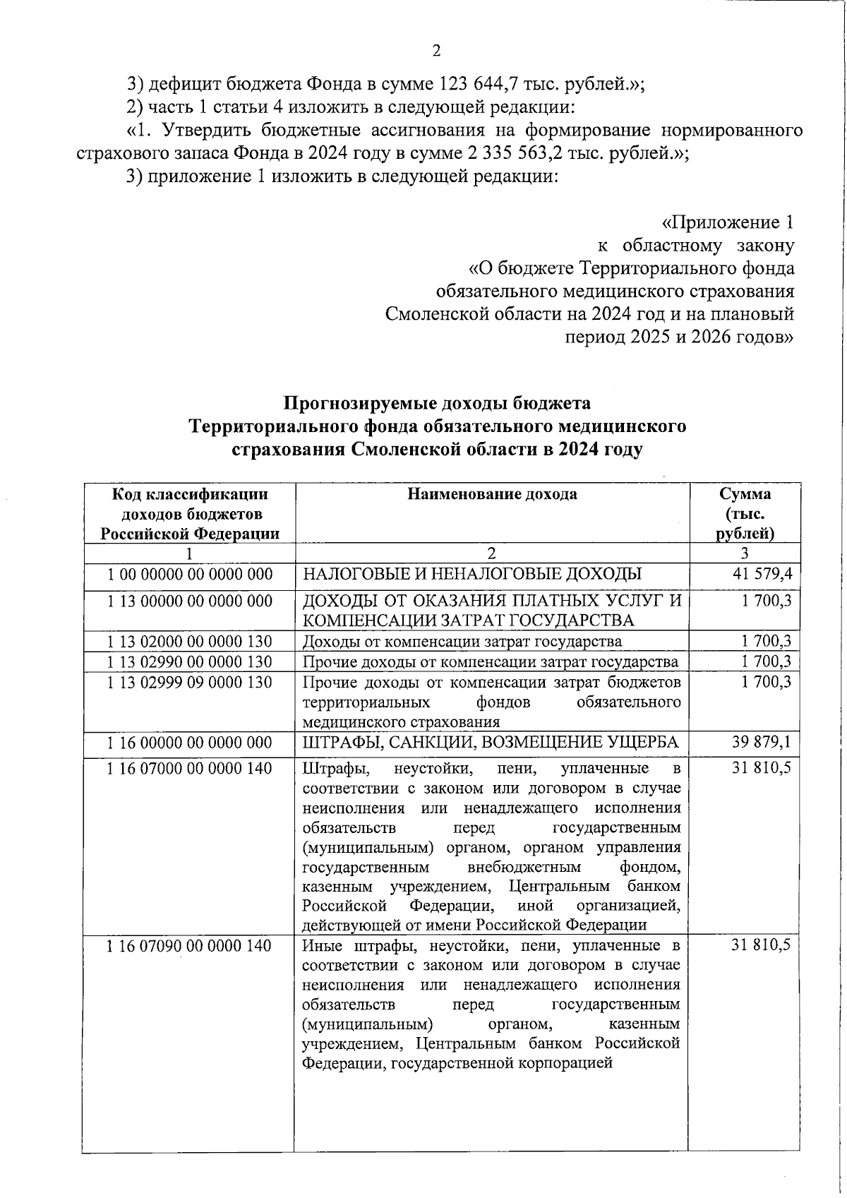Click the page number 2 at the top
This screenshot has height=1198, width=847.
tap(435, 50)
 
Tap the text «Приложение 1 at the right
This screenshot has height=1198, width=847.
tap(728, 222)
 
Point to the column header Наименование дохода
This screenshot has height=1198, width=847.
tap(492, 494)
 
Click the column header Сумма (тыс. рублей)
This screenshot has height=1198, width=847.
tap(745, 513)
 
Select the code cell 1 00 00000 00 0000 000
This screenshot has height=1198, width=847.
tap(189, 574)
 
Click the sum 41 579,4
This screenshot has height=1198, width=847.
tap(763, 574)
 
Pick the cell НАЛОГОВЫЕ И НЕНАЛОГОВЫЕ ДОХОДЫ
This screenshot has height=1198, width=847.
tap(472, 574)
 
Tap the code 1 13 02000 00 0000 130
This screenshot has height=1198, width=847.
tap(189, 641)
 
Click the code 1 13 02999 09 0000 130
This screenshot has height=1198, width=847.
tap(189, 682)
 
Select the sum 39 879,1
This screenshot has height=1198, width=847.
tap(763, 742)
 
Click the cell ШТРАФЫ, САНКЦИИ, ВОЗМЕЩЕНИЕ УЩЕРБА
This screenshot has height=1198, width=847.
tap(491, 742)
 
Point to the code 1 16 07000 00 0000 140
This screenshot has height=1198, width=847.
tap(189, 768)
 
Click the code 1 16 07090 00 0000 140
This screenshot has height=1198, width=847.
tap(189, 945)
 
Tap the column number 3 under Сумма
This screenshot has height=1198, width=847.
tap(745, 553)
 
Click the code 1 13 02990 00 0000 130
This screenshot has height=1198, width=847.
tap(189, 661)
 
